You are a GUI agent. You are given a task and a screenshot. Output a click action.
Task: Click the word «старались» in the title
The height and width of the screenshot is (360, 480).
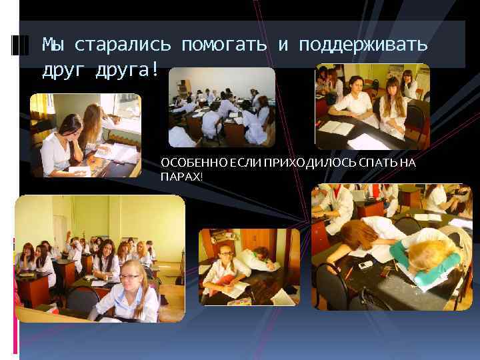123,45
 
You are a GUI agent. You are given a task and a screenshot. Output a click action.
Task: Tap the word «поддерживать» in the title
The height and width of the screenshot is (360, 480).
363,45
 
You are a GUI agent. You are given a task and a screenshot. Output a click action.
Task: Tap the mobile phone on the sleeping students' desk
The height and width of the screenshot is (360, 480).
366,265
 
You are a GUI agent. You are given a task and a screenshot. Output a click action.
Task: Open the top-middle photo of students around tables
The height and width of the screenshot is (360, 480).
221,107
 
